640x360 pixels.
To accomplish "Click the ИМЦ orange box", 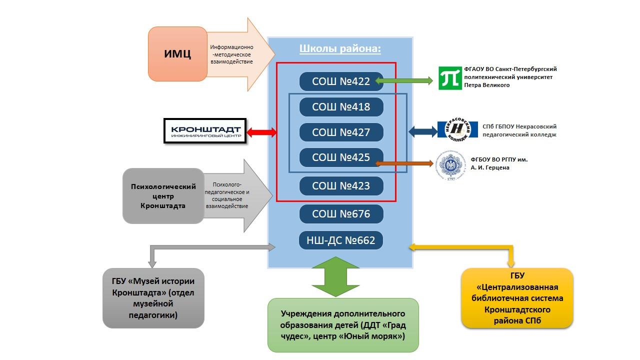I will [177, 54].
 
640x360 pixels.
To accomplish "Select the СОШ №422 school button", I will [341, 81].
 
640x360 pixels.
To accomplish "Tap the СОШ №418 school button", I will [341, 107].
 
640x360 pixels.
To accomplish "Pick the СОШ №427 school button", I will [341, 132].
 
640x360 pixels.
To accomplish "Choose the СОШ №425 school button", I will [341, 157].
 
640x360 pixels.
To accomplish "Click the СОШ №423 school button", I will [341, 186].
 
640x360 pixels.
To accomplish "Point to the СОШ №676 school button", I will [341, 214].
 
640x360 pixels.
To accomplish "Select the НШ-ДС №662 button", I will [341, 240].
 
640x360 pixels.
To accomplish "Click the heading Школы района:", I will [340, 49].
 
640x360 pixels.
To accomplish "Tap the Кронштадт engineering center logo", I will [206, 131].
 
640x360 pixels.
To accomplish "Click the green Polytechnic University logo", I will [450, 78].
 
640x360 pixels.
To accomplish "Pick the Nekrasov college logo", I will [454, 131].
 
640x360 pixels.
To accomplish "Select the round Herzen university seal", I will [451, 164].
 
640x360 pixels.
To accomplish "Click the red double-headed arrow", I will [261, 132].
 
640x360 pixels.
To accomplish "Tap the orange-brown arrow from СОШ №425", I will [405, 163].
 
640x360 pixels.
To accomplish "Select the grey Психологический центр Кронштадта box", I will [163, 195].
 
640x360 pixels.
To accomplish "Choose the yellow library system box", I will [517, 298].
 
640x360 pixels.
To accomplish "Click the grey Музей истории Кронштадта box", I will [153, 298].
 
